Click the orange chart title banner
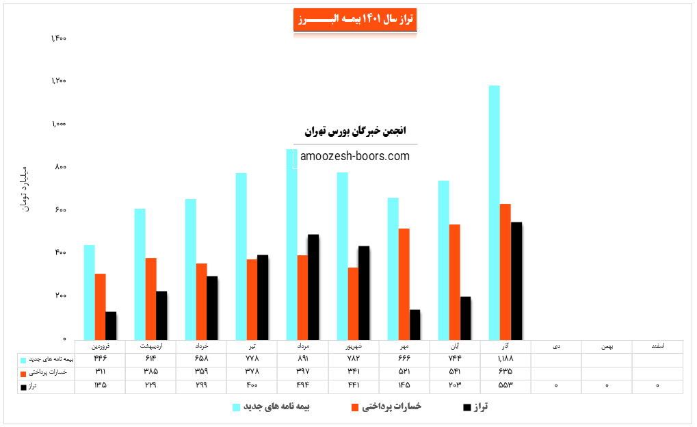click(x=355, y=20)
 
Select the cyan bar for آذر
click(x=494, y=212)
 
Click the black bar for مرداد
click(x=313, y=287)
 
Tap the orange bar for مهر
click(x=404, y=283)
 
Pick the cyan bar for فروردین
click(x=90, y=292)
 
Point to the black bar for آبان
click(x=465, y=318)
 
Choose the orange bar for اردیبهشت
click(x=151, y=298)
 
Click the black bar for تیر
click(x=263, y=297)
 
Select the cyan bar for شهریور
click(x=342, y=255)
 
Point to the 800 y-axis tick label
click(x=60, y=167)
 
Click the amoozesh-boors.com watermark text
click(x=355, y=156)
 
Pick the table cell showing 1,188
click(x=505, y=359)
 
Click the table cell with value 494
click(x=302, y=385)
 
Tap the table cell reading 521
click(x=404, y=372)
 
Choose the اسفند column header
click(x=657, y=346)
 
